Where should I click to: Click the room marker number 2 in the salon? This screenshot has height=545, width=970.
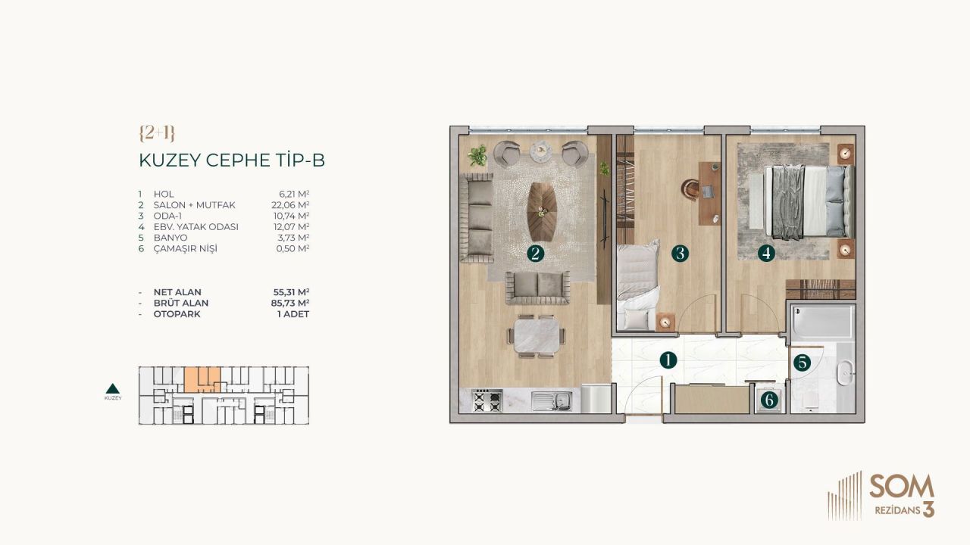[x=536, y=254]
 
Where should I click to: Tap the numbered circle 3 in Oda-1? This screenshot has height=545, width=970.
[x=680, y=254]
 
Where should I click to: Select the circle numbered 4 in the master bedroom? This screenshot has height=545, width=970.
[x=767, y=254]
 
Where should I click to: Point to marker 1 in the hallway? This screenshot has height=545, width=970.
[x=667, y=360]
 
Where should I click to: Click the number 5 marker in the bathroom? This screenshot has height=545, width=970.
[x=802, y=363]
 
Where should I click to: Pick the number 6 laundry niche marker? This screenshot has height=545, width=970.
[x=769, y=400]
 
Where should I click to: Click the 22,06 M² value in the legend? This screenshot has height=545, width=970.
[x=294, y=205]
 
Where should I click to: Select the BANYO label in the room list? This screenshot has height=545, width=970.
[x=170, y=238]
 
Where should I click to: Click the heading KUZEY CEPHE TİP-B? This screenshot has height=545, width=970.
[x=232, y=160]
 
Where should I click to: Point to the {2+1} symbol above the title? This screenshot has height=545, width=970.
[x=157, y=133]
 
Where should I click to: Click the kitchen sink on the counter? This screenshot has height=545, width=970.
[x=552, y=400]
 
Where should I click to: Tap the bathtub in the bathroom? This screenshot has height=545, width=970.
[x=823, y=322]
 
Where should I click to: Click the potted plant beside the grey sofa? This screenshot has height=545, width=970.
[x=477, y=156]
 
